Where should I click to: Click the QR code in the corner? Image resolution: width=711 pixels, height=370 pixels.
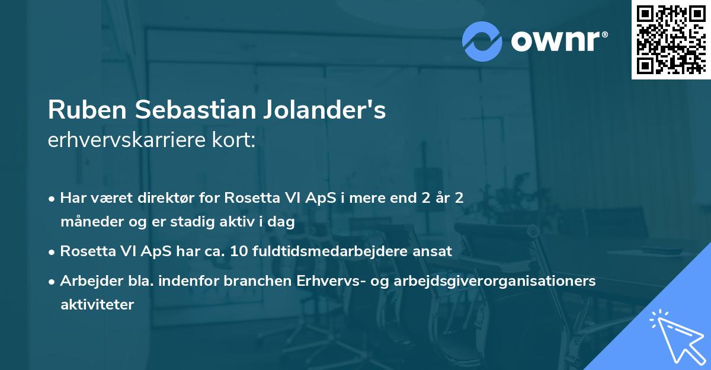671,39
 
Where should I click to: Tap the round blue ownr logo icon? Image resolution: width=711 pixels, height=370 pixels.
482,42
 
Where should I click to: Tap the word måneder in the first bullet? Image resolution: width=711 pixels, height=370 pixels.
87,222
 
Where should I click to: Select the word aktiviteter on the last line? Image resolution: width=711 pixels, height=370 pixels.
97,305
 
